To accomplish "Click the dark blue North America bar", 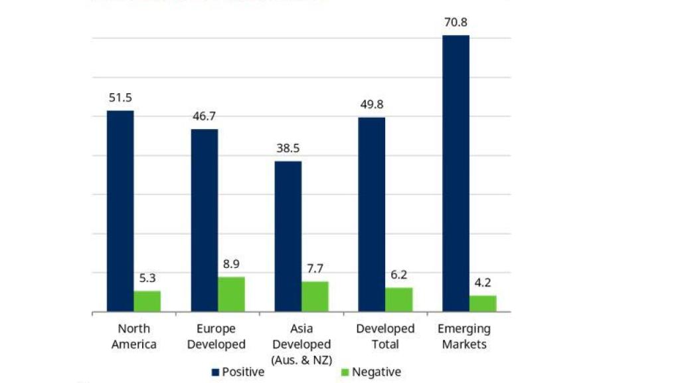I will (120, 211).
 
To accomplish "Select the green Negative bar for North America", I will (147, 301).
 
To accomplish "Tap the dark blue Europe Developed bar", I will (205, 220).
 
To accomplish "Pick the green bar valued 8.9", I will (231, 294).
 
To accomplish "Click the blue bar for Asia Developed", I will (288, 236).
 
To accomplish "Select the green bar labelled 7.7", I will (315, 297).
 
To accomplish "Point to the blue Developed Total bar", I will (371, 214).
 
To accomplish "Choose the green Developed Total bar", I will (398, 299).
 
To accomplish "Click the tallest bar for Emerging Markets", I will (456, 173).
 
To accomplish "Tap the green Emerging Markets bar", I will (483, 303).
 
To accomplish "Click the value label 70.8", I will (456, 23).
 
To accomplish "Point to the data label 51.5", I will (120, 98).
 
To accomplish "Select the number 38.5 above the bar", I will (288, 148).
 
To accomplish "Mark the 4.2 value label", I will (483, 283).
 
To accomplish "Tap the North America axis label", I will (134, 336).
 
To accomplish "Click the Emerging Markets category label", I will (465, 336).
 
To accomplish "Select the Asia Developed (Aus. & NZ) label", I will (301, 344).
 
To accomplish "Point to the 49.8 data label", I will (371, 105).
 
